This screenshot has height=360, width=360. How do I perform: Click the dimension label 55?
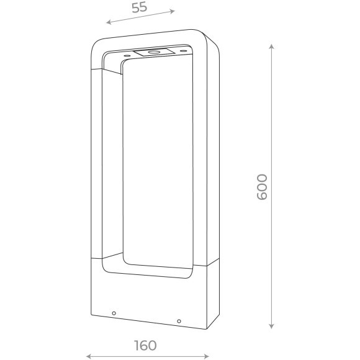[140, 7]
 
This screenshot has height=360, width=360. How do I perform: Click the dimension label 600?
[262, 187]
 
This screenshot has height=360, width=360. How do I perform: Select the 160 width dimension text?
[145, 345]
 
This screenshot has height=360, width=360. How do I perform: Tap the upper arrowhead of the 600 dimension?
[271, 47]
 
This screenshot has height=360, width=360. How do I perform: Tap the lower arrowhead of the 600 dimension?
[271, 326]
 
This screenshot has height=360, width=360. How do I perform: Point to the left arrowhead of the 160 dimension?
[89, 356]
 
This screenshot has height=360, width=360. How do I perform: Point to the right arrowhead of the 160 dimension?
[207, 356]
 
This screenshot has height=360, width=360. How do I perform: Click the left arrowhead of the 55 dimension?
[109, 22]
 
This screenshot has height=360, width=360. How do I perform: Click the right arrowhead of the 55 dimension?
[172, 11]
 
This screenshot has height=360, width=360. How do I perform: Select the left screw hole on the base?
[114, 313]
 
